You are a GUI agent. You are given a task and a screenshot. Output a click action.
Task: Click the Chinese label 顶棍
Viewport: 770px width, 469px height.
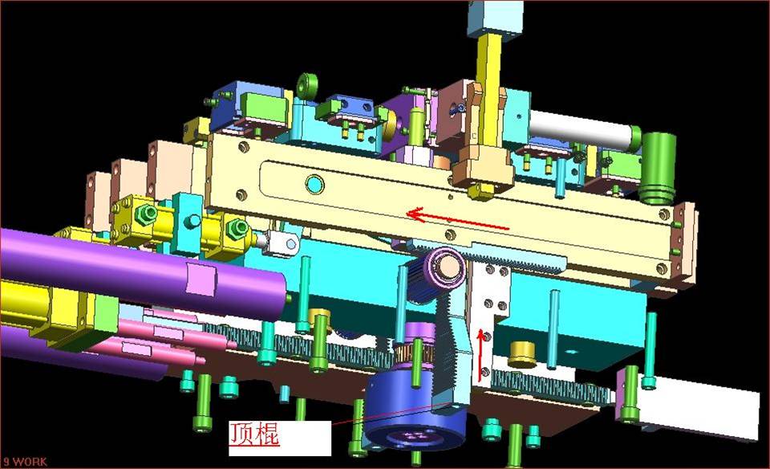pos(254,434)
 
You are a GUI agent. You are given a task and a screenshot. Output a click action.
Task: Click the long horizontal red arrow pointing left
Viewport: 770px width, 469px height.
pos(458,220)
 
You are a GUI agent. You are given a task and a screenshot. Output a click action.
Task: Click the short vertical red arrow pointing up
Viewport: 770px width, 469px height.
pos(480,355)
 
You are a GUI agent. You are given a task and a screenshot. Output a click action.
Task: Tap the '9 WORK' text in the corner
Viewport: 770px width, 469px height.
pos(25,462)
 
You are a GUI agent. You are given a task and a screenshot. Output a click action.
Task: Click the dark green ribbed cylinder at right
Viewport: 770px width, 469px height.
pos(658,167)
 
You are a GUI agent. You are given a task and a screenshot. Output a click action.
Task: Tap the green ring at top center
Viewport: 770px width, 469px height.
pos(307,86)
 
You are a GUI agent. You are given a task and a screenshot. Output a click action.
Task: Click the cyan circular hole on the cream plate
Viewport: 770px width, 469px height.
pos(314,185)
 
